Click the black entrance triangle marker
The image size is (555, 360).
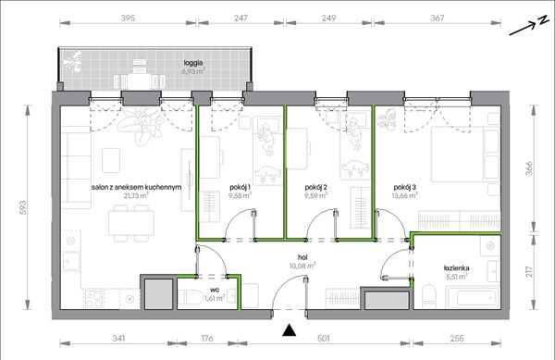(x=290, y=330)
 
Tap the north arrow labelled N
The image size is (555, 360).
(x=529, y=27)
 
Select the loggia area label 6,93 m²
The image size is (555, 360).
(x=193, y=71)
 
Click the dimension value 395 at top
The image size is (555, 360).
(x=128, y=18)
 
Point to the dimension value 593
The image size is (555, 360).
(x=22, y=208)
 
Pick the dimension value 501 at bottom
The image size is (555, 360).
(x=323, y=339)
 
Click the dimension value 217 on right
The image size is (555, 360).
(x=529, y=272)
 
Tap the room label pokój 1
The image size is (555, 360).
(x=240, y=187)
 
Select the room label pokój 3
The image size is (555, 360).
(x=404, y=187)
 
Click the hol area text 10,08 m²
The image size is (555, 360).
(x=302, y=266)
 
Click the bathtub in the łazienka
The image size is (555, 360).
(x=473, y=297)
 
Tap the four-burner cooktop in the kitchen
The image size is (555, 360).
(x=93, y=299)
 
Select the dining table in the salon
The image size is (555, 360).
(x=131, y=223)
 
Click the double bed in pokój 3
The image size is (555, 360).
(x=465, y=155)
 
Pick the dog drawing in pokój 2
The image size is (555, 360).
(x=355, y=168)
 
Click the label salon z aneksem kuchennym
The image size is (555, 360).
(x=136, y=187)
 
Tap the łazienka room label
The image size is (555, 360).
(x=456, y=268)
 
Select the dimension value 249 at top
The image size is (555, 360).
(x=328, y=18)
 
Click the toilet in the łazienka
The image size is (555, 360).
(x=429, y=297)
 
